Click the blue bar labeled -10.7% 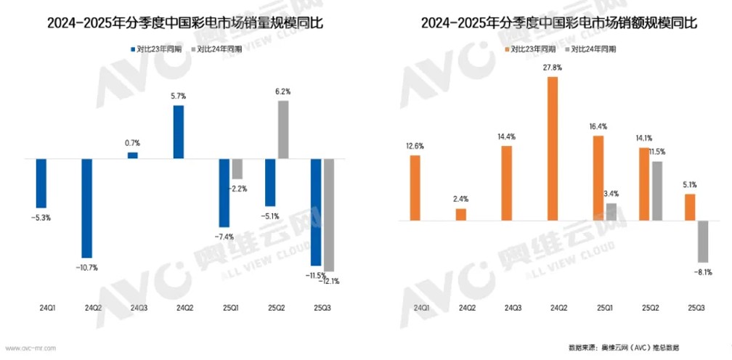86,208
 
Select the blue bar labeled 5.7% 178,131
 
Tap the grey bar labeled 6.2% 283,129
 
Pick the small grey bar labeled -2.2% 237,168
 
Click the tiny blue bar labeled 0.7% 132,155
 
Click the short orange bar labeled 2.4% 461,213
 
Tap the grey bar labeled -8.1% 702,241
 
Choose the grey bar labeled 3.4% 611,211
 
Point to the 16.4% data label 599,126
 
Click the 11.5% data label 656,152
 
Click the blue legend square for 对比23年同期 133,49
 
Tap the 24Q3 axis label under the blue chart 139,308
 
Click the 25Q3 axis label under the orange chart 695,308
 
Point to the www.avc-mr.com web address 30,348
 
